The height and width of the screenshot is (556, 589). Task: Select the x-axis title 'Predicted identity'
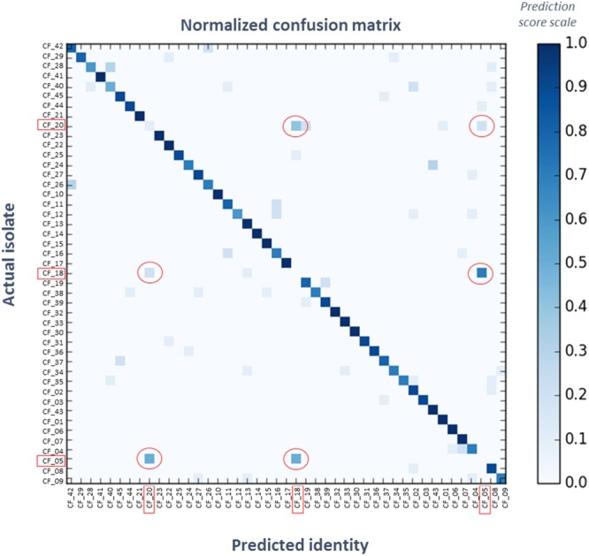pyautogui.click(x=286, y=541)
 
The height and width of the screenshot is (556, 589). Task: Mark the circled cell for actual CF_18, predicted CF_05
pyautogui.click(x=482, y=273)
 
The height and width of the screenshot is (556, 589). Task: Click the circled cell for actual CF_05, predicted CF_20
pyautogui.click(x=149, y=458)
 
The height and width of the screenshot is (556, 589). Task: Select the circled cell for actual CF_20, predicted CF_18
pyautogui.click(x=296, y=126)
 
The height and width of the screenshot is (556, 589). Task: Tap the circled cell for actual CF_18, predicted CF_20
pyautogui.click(x=149, y=273)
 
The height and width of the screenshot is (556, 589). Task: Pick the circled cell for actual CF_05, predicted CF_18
pyautogui.click(x=296, y=458)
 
